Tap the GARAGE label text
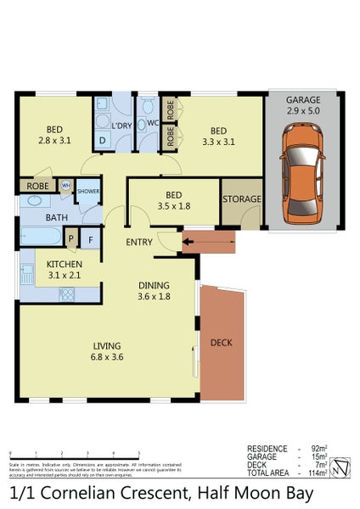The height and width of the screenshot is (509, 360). [x=303, y=99]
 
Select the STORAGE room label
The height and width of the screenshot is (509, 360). [x=242, y=199]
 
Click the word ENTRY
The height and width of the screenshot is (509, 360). [x=141, y=242]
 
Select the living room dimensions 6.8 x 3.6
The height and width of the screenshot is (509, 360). [x=106, y=357]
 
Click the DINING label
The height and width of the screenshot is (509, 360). [x=154, y=285]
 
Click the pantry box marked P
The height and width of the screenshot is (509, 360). [x=71, y=239]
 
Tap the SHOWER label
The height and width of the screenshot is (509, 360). [x=88, y=192]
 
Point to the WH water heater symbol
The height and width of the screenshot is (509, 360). [x=66, y=186]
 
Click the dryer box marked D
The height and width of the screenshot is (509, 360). [x=103, y=141]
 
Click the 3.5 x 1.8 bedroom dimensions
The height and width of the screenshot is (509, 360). [x=173, y=204]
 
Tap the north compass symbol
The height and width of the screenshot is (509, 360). [x=340, y=466]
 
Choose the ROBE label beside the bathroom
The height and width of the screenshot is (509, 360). [x=37, y=186]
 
